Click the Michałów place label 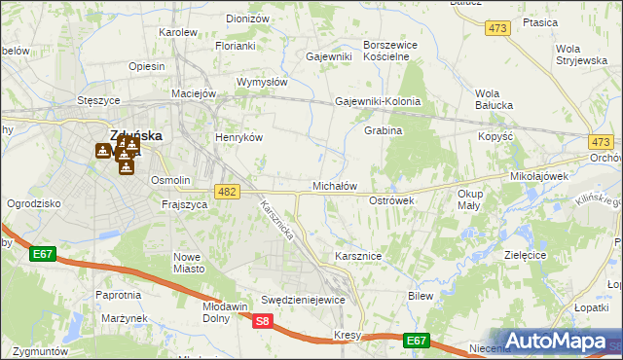335,186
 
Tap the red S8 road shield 261,320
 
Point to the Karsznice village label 357,255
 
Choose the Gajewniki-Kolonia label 378,101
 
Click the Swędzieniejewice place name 303,300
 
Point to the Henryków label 239,137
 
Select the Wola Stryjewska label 580,54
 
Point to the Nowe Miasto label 187,263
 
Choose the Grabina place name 383,129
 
